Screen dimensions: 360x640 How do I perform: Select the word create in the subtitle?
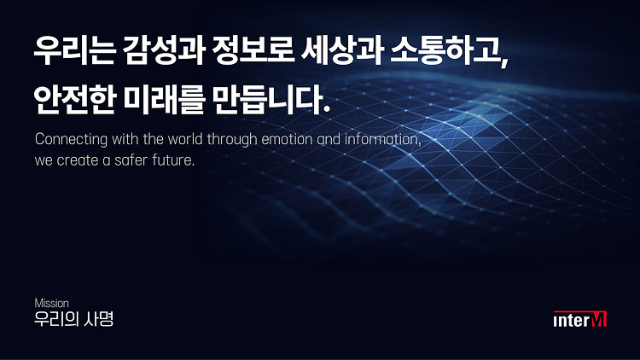click(x=82, y=160)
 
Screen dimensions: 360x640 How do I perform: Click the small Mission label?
click(x=51, y=303)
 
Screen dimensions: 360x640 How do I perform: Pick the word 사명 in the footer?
click(x=100, y=320)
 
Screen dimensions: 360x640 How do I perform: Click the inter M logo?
click(x=580, y=320)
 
